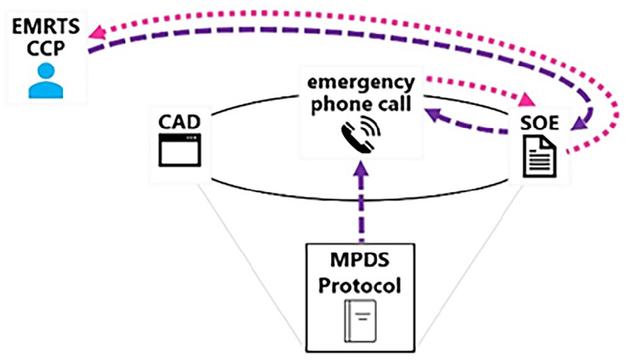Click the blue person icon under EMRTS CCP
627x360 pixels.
point(45,81)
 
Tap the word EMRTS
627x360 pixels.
point(46,27)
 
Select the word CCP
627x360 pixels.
point(45,49)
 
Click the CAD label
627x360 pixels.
point(180,122)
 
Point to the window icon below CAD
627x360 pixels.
point(180,150)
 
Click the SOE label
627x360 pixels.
point(540,123)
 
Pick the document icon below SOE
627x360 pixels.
point(540,156)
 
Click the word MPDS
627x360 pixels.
point(360,260)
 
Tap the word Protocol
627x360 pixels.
point(360,286)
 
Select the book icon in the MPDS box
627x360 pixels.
point(360,321)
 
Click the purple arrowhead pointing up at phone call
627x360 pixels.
point(362,168)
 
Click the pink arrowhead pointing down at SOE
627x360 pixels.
point(526,100)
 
